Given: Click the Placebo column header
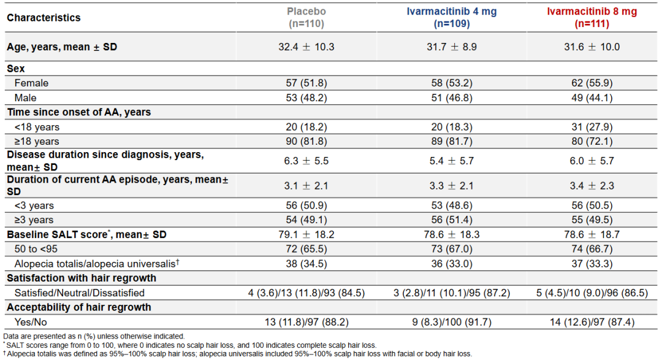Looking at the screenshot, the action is tap(306, 18).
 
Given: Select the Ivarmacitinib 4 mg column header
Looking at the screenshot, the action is tap(452, 18).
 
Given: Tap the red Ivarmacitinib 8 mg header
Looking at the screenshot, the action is tap(592, 18).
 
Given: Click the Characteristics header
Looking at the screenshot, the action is tap(44, 18).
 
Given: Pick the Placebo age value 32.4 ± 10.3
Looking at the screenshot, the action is tap(306, 47).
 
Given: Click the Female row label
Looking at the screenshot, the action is tap(31, 83).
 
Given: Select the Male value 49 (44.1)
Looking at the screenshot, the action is tap(592, 98).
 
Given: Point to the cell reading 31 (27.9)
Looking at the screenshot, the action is tap(592, 127).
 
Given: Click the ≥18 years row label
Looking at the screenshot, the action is tap(37, 142).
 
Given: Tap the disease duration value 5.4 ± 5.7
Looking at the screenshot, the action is tap(452, 161).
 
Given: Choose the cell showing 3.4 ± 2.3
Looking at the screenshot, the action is tap(592, 186).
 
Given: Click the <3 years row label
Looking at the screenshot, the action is tap(34, 206).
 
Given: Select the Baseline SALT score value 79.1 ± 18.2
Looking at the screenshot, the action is tap(306, 234).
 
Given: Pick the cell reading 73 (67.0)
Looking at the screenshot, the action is tap(452, 249).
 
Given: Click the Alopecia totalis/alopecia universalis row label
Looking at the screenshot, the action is tap(97, 264).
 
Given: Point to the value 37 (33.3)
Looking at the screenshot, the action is tap(592, 264).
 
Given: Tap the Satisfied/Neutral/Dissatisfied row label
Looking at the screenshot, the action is tap(79, 293).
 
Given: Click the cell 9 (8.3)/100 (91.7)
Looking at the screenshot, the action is tap(452, 323).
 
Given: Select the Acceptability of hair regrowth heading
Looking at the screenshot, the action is tap(78, 308).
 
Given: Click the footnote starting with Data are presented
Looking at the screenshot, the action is tap(94, 336).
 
